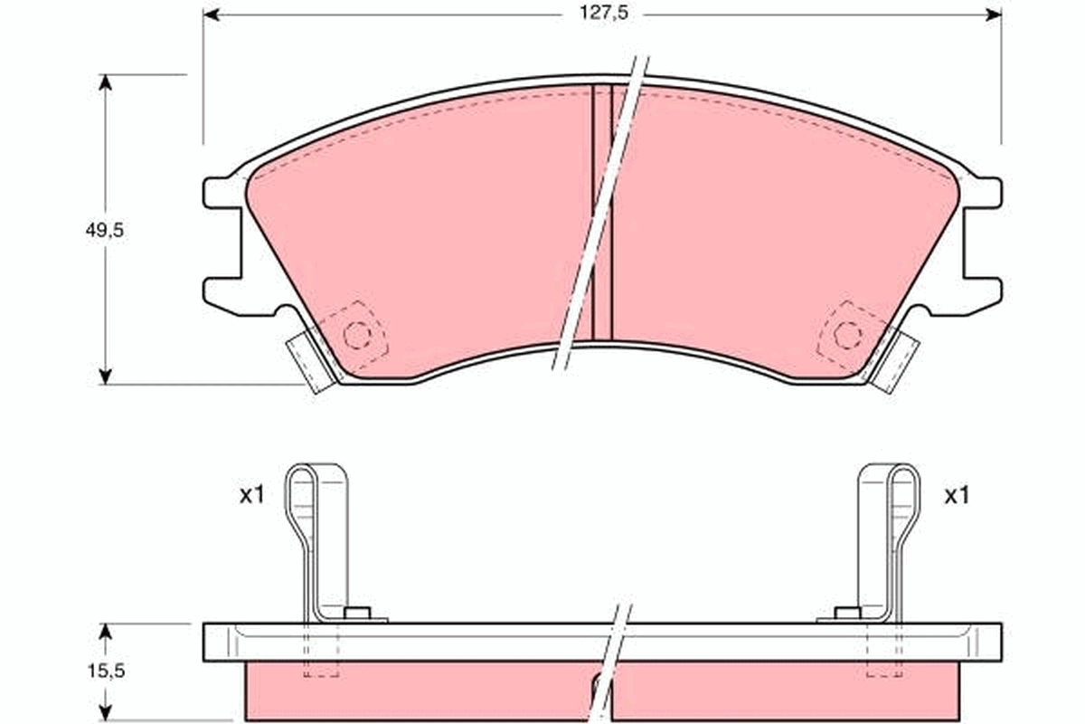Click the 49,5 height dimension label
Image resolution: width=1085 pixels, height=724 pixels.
click(x=105, y=230)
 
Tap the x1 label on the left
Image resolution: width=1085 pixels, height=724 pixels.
click(x=250, y=495)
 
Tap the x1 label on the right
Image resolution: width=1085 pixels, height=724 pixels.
click(x=957, y=495)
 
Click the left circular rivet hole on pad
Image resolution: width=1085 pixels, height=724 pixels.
click(x=358, y=336)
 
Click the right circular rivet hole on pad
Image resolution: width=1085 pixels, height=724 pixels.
click(x=847, y=335)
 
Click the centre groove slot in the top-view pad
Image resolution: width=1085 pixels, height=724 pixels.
click(x=602, y=213)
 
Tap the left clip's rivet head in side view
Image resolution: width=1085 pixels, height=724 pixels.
click(x=357, y=614)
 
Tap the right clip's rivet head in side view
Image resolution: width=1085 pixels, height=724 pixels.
click(x=847, y=614)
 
